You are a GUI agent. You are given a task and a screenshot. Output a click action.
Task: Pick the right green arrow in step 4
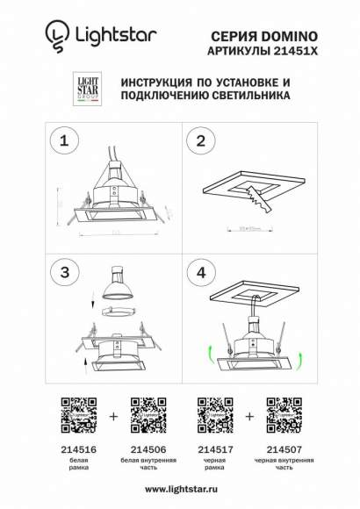click(x=300, y=356)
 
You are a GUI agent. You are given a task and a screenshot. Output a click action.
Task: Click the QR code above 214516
click(x=77, y=415)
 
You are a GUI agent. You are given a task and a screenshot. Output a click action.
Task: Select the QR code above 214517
click(x=215, y=415)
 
